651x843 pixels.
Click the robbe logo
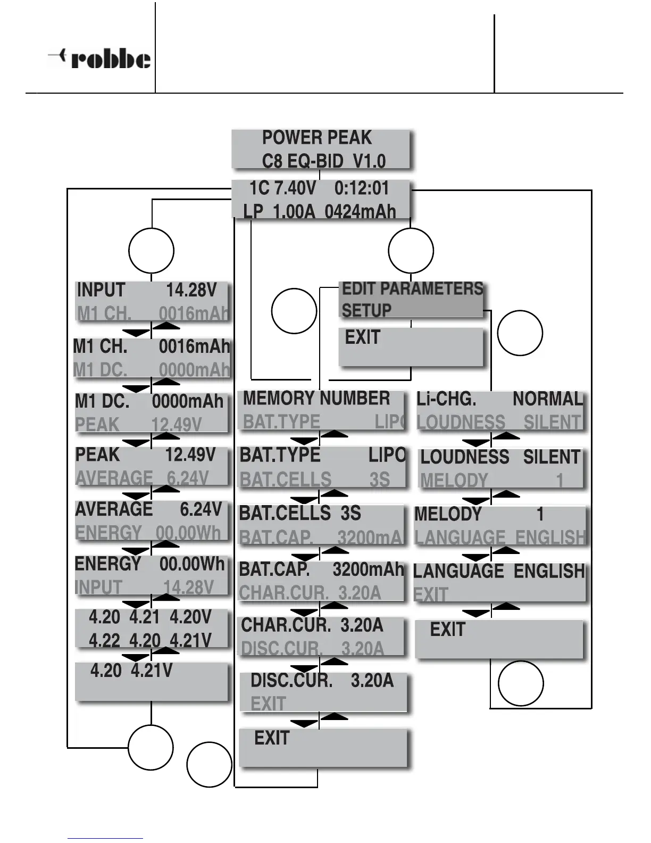click(x=100, y=58)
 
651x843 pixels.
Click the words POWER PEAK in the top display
click(x=316, y=138)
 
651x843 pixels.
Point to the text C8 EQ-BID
click(x=303, y=161)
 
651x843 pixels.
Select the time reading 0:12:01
click(x=362, y=188)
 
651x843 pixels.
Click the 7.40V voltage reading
click(x=295, y=188)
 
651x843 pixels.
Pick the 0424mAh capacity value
click(x=360, y=212)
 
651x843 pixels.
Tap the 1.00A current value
click(x=294, y=212)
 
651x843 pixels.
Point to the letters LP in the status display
click(x=253, y=212)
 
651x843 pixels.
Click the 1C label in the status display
click(x=260, y=188)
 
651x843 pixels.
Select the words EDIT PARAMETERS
click(x=412, y=288)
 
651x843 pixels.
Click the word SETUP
click(x=366, y=310)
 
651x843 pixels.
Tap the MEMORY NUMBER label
click(x=316, y=398)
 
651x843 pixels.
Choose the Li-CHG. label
click(x=446, y=399)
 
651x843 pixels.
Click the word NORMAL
click(x=548, y=399)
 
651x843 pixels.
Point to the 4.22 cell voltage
click(x=104, y=640)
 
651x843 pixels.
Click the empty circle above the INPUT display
click(x=152, y=251)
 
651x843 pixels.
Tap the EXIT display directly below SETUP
click(x=411, y=346)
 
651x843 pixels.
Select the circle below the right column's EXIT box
click(x=521, y=683)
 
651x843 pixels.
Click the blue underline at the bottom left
click(x=105, y=838)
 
